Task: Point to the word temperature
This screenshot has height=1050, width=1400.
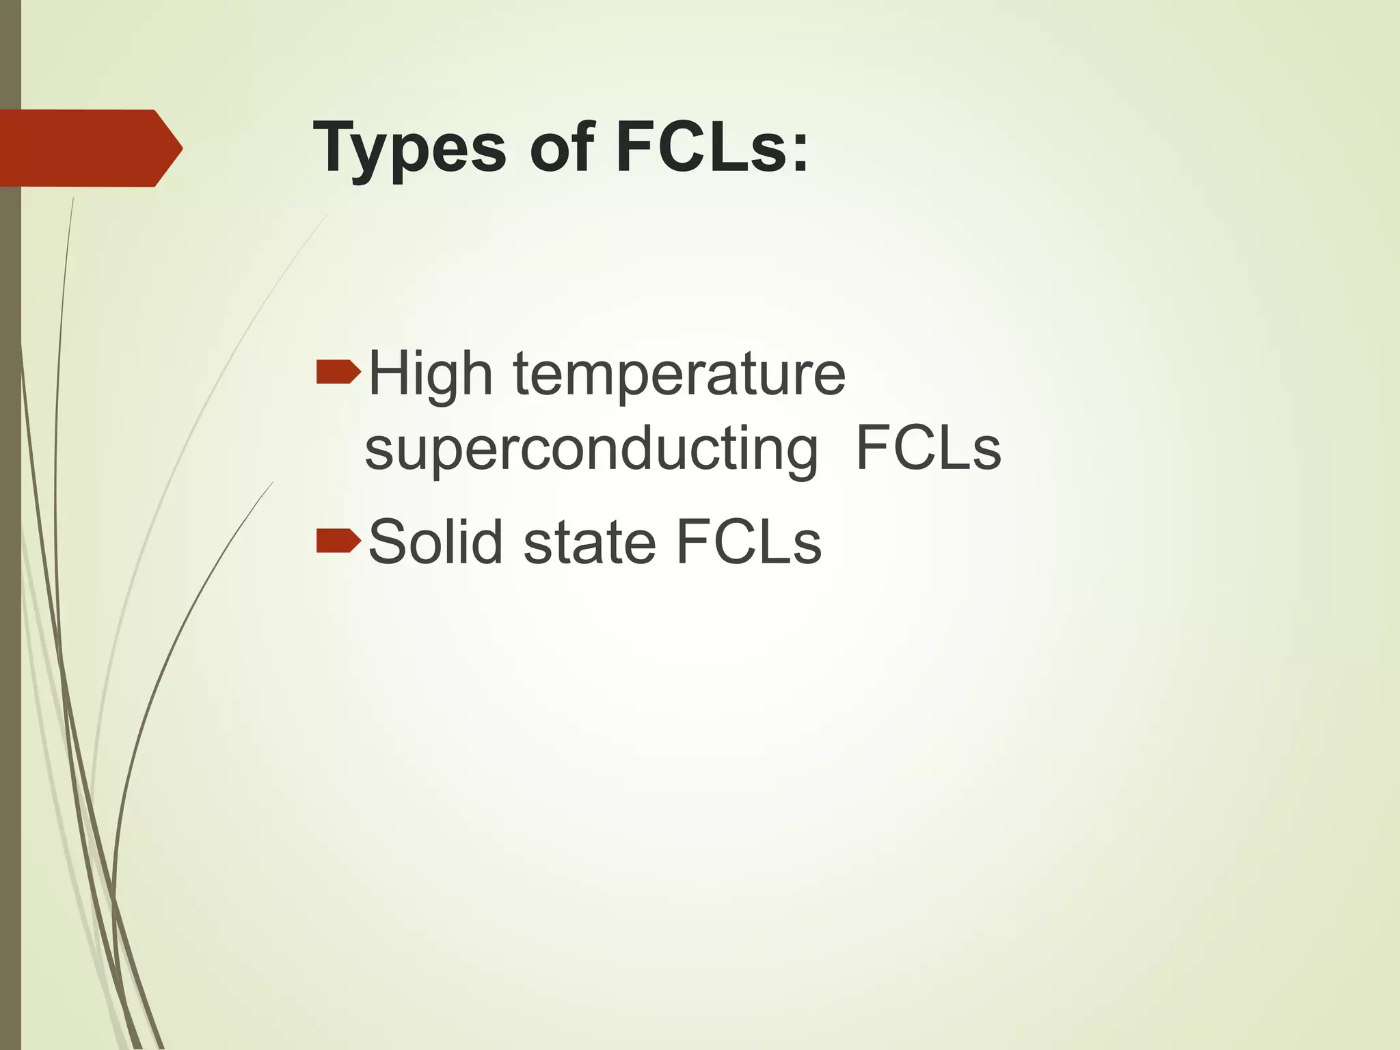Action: (x=679, y=375)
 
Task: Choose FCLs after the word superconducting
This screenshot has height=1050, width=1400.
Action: (x=928, y=449)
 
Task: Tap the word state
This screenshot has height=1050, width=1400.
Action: (x=589, y=542)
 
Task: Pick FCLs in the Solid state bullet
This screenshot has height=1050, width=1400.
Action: (x=749, y=542)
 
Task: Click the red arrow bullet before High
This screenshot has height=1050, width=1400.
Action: (x=338, y=372)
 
